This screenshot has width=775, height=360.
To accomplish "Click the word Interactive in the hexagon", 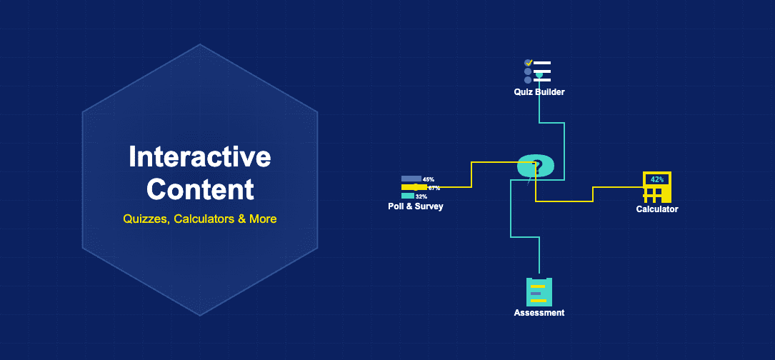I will [200, 156].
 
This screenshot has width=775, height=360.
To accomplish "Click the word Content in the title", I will [200, 189].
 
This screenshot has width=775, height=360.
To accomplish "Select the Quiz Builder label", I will [539, 92].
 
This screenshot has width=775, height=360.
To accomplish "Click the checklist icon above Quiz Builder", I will [538, 71].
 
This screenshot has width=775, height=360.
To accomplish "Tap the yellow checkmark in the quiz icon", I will [529, 63].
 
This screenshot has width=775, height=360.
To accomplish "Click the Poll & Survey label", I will [421, 207].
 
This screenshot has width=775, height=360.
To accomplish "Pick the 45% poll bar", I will [411, 179].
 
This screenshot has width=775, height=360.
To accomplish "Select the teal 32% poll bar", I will [408, 196].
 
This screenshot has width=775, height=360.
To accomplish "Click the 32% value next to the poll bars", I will [421, 196].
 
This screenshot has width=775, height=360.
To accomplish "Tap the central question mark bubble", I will [536, 166].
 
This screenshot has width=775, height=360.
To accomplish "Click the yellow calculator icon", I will [657, 187].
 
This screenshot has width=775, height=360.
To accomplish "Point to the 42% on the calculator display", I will [657, 179].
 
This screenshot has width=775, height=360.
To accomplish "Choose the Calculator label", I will [657, 209].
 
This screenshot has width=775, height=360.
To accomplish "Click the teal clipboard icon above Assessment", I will [539, 291].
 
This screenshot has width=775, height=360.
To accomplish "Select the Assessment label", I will [539, 313].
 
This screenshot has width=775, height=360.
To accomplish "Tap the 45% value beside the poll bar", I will [429, 179].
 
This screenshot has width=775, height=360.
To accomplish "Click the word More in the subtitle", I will [263, 219].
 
